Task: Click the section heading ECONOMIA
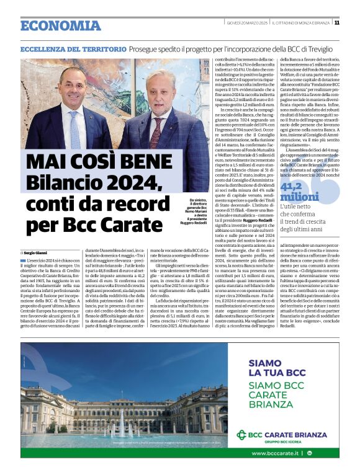(60, 25)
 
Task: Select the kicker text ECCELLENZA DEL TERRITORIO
(68, 48)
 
